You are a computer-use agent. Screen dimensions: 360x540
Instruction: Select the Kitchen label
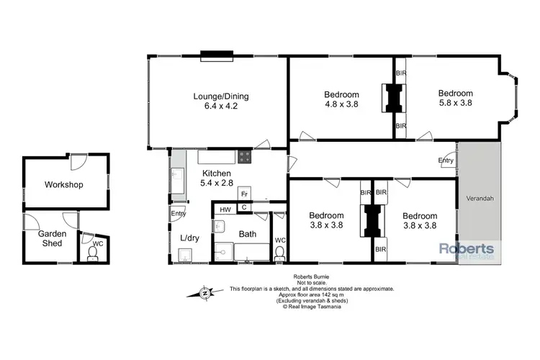pyautogui.click(x=216, y=174)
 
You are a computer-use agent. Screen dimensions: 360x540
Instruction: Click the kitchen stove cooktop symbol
pyautogui.click(x=246, y=154)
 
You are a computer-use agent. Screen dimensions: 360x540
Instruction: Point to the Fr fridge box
pyautogui.click(x=245, y=194)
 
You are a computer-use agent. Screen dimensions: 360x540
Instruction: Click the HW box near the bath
pyautogui.click(x=225, y=209)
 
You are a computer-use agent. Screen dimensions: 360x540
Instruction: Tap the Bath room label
pyautogui.click(x=248, y=234)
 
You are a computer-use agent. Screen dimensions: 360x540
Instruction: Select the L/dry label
pyautogui.click(x=189, y=238)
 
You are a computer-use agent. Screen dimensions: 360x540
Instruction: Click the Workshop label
pyautogui.click(x=64, y=185)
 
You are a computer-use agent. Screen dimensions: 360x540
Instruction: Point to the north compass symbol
pyautogui.click(x=205, y=292)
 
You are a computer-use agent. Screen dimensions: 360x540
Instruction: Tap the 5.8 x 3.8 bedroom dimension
pyautogui.click(x=456, y=104)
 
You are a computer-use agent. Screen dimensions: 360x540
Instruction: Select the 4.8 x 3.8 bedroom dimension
pyautogui.click(x=341, y=104)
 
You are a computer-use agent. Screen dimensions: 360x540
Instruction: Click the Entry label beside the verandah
pyautogui.click(x=446, y=161)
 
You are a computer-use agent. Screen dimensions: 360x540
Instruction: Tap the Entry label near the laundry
pyautogui.click(x=178, y=213)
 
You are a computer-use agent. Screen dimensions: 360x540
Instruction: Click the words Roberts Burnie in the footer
pyautogui.click(x=312, y=277)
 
